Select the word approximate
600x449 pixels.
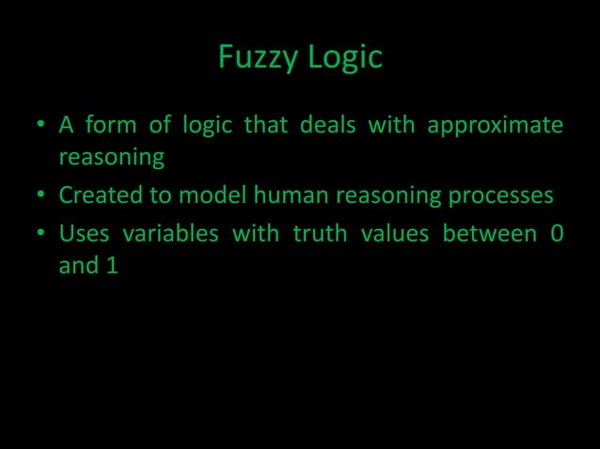496,125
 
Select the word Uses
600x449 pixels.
83,232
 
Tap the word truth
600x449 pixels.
321,232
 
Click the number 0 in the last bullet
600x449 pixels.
557,232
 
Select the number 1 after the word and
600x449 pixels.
112,266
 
